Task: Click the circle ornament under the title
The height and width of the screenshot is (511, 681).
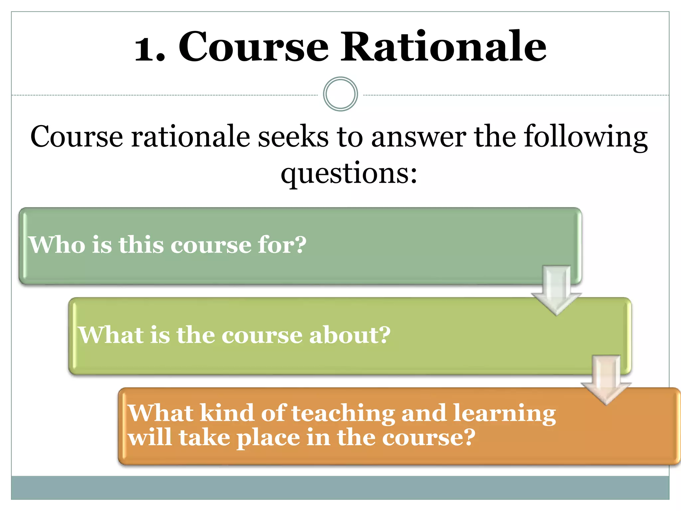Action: tap(340, 94)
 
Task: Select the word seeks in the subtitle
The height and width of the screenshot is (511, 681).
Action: tap(293, 137)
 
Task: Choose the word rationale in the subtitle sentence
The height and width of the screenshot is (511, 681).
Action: tap(191, 137)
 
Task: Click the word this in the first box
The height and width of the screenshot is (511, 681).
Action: tap(141, 245)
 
